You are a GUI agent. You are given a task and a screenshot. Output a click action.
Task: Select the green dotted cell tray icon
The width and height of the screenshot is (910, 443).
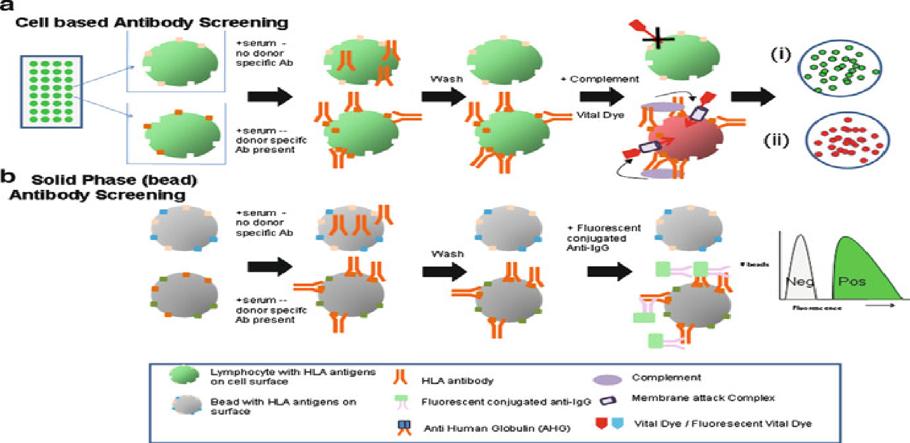(x=50, y=90)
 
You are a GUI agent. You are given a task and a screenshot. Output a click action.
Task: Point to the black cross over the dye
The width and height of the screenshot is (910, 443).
(x=660, y=39)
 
